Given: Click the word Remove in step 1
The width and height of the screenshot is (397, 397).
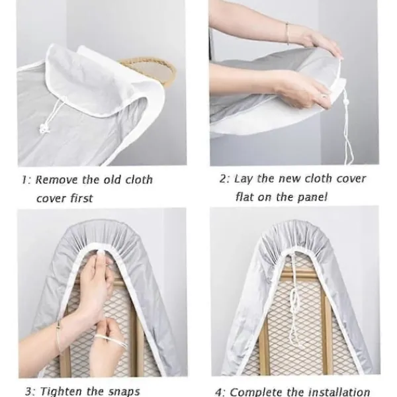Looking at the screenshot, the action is pyautogui.click(x=56, y=180).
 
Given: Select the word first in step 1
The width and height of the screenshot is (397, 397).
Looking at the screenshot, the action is pyautogui.click(x=81, y=198).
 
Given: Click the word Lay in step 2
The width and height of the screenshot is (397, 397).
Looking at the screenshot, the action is pyautogui.click(x=243, y=179).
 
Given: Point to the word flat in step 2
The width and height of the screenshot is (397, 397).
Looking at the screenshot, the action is pyautogui.click(x=245, y=197).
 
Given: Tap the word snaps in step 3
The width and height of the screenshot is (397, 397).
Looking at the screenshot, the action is pyautogui.click(x=124, y=392).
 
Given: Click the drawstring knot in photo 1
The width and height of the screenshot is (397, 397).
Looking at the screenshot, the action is pyautogui.click(x=44, y=129).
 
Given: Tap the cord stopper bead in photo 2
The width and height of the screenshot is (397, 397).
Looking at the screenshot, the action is pyautogui.click(x=345, y=103).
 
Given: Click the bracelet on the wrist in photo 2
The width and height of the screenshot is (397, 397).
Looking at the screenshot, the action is pyautogui.click(x=287, y=34).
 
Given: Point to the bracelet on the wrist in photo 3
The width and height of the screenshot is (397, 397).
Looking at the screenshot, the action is pyautogui.click(x=60, y=335).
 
